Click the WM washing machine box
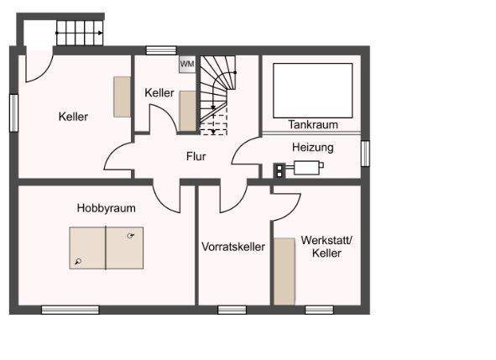[186, 65]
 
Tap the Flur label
[196, 156]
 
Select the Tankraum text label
[312, 124]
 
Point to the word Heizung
[312, 147]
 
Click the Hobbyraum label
[106, 207]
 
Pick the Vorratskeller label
[232, 247]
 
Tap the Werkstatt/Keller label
[326, 246]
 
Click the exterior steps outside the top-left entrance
[79, 34]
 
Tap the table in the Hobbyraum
[106, 248]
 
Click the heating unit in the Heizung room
[305, 169]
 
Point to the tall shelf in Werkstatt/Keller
[285, 271]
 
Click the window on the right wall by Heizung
[365, 153]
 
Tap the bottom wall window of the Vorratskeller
[232, 310]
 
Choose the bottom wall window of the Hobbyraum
[70, 310]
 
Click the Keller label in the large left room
[73, 117]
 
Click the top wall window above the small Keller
[160, 51]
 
